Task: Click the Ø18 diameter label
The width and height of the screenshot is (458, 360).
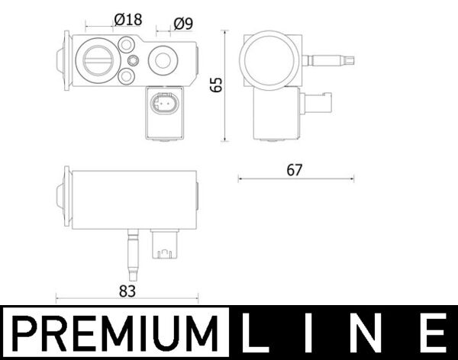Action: coord(127,20)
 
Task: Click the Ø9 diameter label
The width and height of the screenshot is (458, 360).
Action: coord(182,23)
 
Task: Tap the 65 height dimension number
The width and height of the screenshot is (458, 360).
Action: coord(216,85)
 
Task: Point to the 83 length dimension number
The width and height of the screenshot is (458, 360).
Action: coord(127,291)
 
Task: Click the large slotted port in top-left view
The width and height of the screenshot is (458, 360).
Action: coord(98,59)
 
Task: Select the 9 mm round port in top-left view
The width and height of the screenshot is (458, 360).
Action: coord(162,59)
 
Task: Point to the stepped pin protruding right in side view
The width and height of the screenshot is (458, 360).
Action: coord(331,59)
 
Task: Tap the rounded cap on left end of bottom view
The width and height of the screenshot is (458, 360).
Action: coord(61,197)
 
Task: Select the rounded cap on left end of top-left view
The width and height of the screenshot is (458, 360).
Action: coord(62,59)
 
